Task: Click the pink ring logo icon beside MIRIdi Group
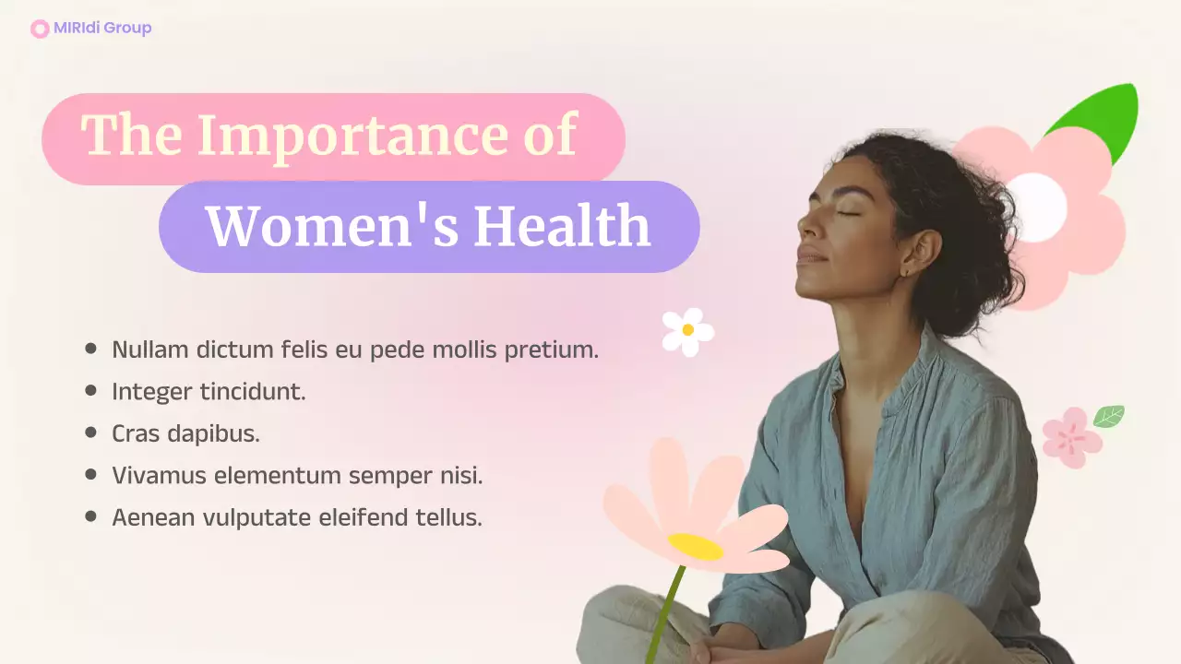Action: [40, 29]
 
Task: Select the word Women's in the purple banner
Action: [331, 226]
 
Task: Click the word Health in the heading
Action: [563, 226]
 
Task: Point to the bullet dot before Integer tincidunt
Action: [90, 391]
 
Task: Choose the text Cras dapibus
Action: [185, 433]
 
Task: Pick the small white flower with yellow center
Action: [687, 330]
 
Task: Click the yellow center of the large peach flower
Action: [696, 546]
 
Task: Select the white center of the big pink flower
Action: [1037, 207]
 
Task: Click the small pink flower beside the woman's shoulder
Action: [1071, 437]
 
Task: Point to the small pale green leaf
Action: [1108, 416]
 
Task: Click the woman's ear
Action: [919, 254]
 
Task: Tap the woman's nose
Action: [803, 225]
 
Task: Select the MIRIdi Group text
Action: [102, 28]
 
